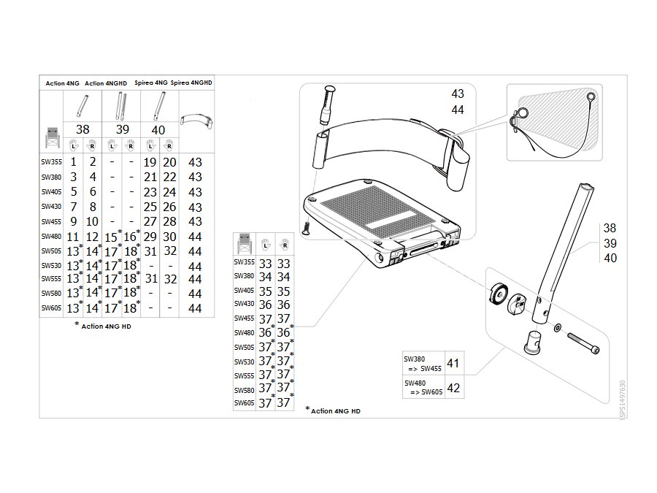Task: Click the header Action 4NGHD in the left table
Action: click(106, 83)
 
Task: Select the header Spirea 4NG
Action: click(151, 83)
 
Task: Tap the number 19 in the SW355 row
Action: click(150, 162)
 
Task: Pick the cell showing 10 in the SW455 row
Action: click(92, 221)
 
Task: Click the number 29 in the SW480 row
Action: click(150, 237)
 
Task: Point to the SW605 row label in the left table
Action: click(51, 307)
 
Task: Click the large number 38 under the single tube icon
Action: click(82, 129)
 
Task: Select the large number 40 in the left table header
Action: click(158, 131)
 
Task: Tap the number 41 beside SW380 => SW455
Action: click(453, 363)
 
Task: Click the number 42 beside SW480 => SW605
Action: click(453, 388)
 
